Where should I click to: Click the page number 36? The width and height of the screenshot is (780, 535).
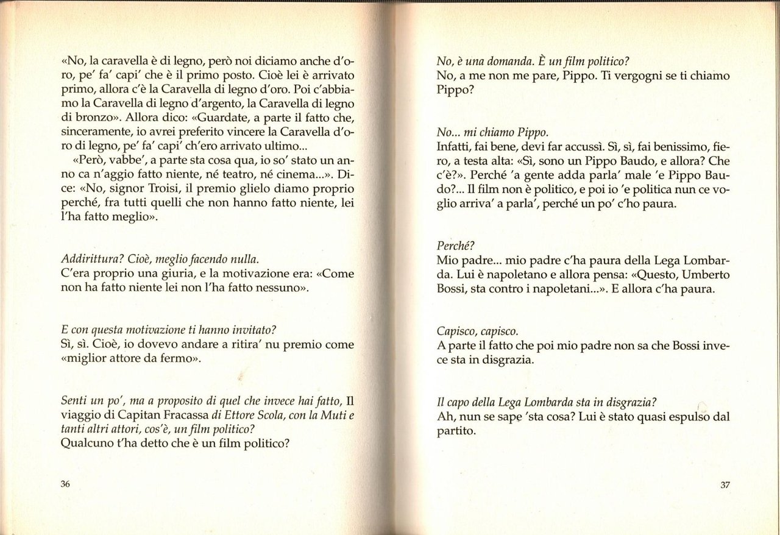point(66,484)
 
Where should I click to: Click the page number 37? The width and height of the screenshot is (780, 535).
point(725,485)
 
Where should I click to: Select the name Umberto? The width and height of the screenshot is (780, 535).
point(701,274)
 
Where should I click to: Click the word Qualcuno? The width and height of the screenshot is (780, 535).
point(88,444)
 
